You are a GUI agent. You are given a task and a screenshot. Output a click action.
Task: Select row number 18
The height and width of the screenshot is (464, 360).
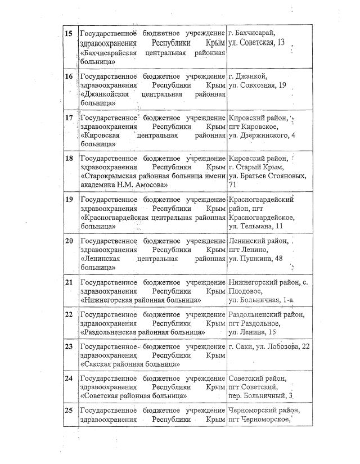click(69, 158)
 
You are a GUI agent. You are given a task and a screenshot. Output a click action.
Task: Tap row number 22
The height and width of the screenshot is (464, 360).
click(69, 314)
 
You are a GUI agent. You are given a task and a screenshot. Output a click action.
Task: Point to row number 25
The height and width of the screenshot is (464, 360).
click(69, 410)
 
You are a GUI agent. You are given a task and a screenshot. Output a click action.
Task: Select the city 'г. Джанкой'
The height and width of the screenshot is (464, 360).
click(247, 76)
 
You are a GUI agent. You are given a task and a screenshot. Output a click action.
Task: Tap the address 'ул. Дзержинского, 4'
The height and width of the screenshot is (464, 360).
click(262, 136)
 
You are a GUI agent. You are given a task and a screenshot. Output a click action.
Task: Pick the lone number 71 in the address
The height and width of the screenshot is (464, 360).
click(233, 185)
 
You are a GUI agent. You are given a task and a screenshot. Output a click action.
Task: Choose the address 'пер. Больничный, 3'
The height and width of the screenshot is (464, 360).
click(262, 397)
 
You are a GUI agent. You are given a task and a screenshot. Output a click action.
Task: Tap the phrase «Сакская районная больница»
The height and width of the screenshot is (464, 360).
click(130, 364)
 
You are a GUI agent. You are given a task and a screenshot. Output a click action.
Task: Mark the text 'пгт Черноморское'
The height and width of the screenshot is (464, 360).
click(259, 420)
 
